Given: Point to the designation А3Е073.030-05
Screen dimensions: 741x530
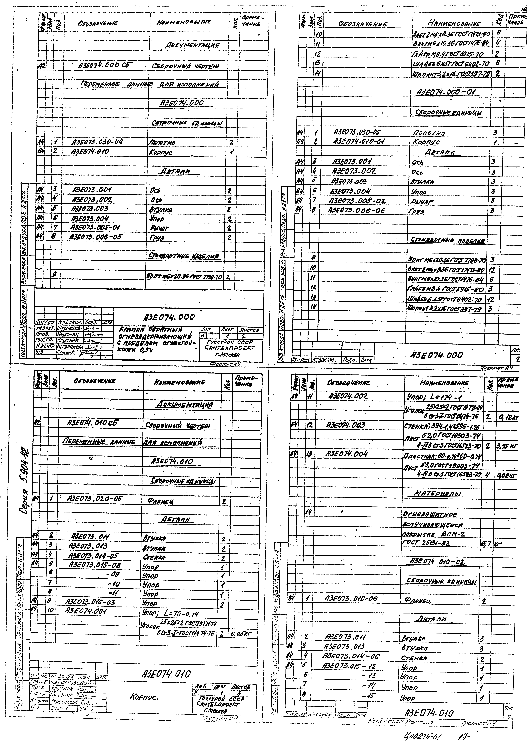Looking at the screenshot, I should tap(357, 132).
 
